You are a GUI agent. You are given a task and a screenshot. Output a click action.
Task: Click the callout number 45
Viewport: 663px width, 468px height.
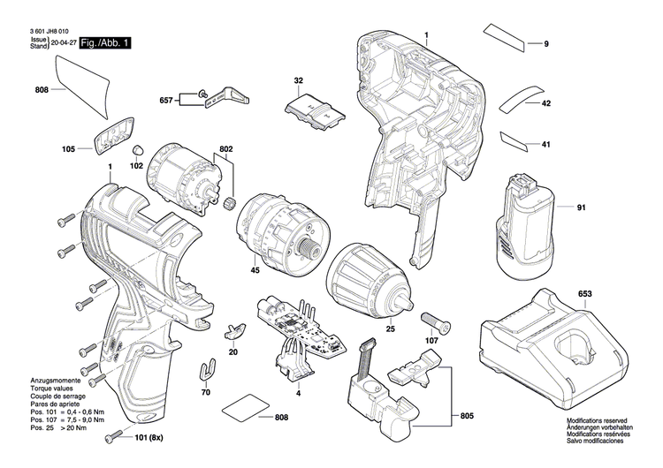tap(255, 270)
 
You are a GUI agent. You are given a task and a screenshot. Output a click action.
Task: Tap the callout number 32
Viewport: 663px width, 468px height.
tap(299, 81)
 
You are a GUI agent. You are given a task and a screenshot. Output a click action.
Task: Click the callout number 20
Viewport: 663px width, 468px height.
tap(233, 351)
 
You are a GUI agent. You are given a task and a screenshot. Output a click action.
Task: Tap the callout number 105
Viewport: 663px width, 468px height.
tap(69, 149)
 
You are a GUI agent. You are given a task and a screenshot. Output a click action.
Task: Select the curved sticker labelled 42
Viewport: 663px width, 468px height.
tap(522, 97)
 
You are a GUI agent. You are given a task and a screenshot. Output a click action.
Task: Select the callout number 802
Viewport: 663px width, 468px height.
tap(225, 149)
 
